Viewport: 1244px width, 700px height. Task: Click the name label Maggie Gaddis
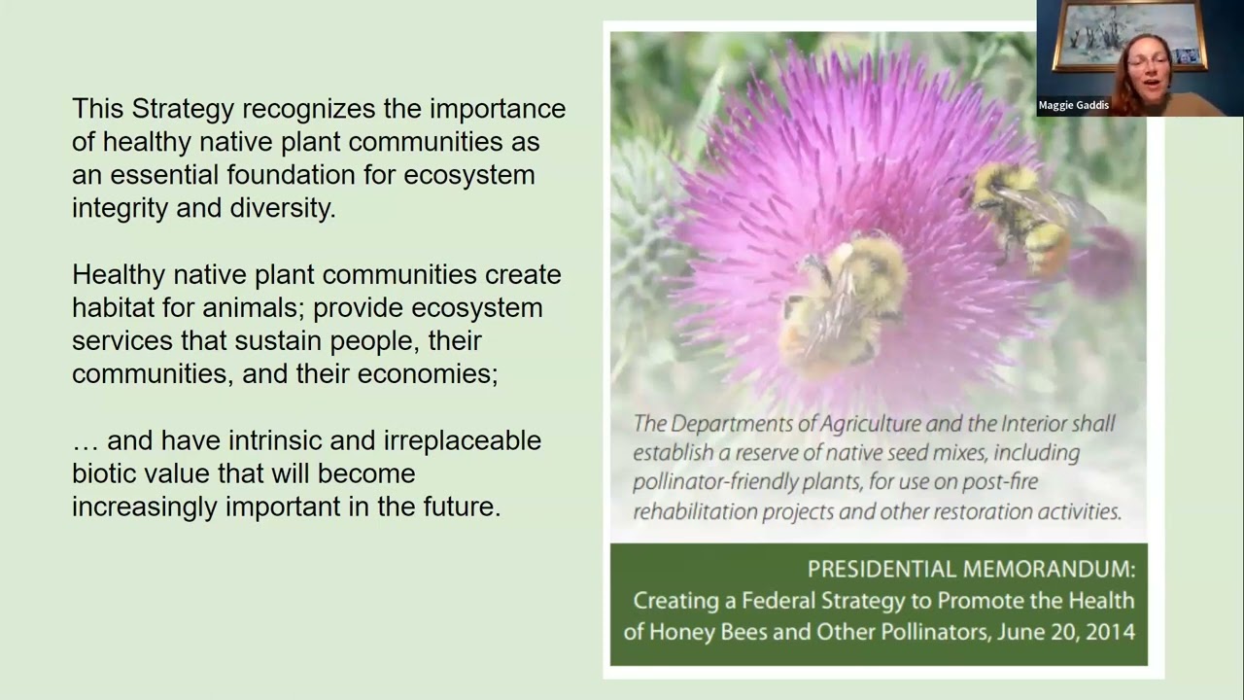click(1073, 105)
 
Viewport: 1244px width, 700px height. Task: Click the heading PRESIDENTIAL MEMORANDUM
click(971, 570)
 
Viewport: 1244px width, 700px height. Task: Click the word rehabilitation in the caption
click(694, 511)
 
